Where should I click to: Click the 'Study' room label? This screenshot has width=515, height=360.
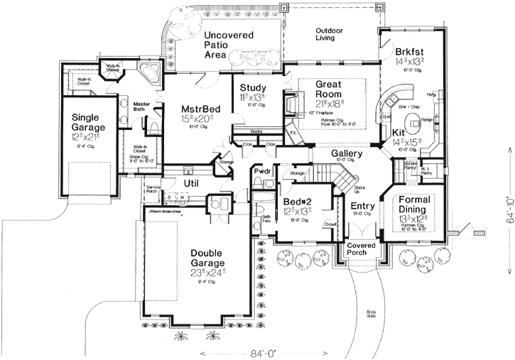tap(253, 88)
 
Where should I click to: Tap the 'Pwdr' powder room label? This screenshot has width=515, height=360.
tap(260, 173)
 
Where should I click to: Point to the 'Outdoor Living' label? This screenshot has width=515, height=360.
tap(330, 34)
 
